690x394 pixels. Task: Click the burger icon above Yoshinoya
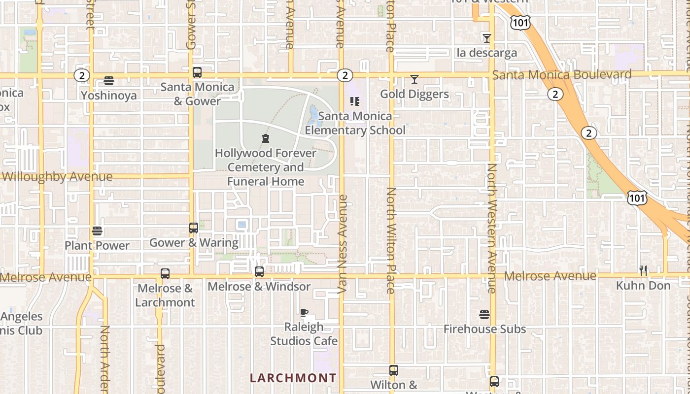(109, 81)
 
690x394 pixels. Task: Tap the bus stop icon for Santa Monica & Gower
(197, 72)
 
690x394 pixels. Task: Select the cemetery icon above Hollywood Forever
(266, 138)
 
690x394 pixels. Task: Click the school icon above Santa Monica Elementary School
(355, 101)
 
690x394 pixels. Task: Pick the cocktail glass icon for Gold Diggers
(414, 79)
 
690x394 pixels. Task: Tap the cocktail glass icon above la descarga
(487, 38)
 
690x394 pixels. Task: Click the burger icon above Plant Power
(97, 231)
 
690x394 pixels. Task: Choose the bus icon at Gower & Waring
(194, 228)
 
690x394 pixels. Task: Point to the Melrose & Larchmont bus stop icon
(165, 274)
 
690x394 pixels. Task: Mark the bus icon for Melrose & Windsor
(259, 271)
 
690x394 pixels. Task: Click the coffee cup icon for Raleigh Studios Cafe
(304, 312)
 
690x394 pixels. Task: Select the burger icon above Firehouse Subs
(484, 315)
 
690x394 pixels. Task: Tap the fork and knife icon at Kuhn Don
(643, 270)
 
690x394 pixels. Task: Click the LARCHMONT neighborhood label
(293, 378)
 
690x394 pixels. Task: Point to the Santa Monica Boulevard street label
(562, 75)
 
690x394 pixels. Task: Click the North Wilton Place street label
(391, 240)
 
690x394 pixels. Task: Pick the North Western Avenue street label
(492, 228)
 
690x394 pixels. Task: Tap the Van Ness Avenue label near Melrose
(343, 244)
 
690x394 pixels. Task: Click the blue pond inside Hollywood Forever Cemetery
(314, 116)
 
